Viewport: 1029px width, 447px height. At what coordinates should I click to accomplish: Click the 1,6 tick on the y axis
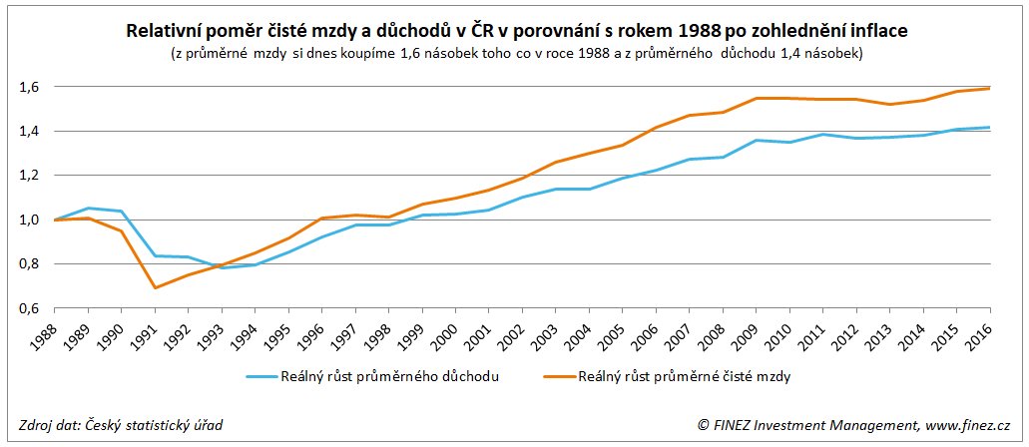(28, 88)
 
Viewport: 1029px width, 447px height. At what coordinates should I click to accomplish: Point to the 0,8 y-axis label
(28, 264)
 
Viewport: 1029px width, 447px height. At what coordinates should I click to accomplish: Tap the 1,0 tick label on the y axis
(28, 221)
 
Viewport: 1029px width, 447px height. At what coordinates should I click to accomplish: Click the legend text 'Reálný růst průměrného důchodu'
(389, 377)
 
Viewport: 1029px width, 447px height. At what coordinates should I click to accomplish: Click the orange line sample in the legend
(561, 377)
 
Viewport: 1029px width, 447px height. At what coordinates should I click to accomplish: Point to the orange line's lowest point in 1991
(155, 287)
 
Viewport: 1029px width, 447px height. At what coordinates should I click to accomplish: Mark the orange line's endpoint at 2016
(990, 89)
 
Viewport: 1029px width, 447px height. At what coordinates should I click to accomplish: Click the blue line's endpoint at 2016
(990, 128)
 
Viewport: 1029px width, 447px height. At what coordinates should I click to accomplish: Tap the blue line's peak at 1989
(88, 209)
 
